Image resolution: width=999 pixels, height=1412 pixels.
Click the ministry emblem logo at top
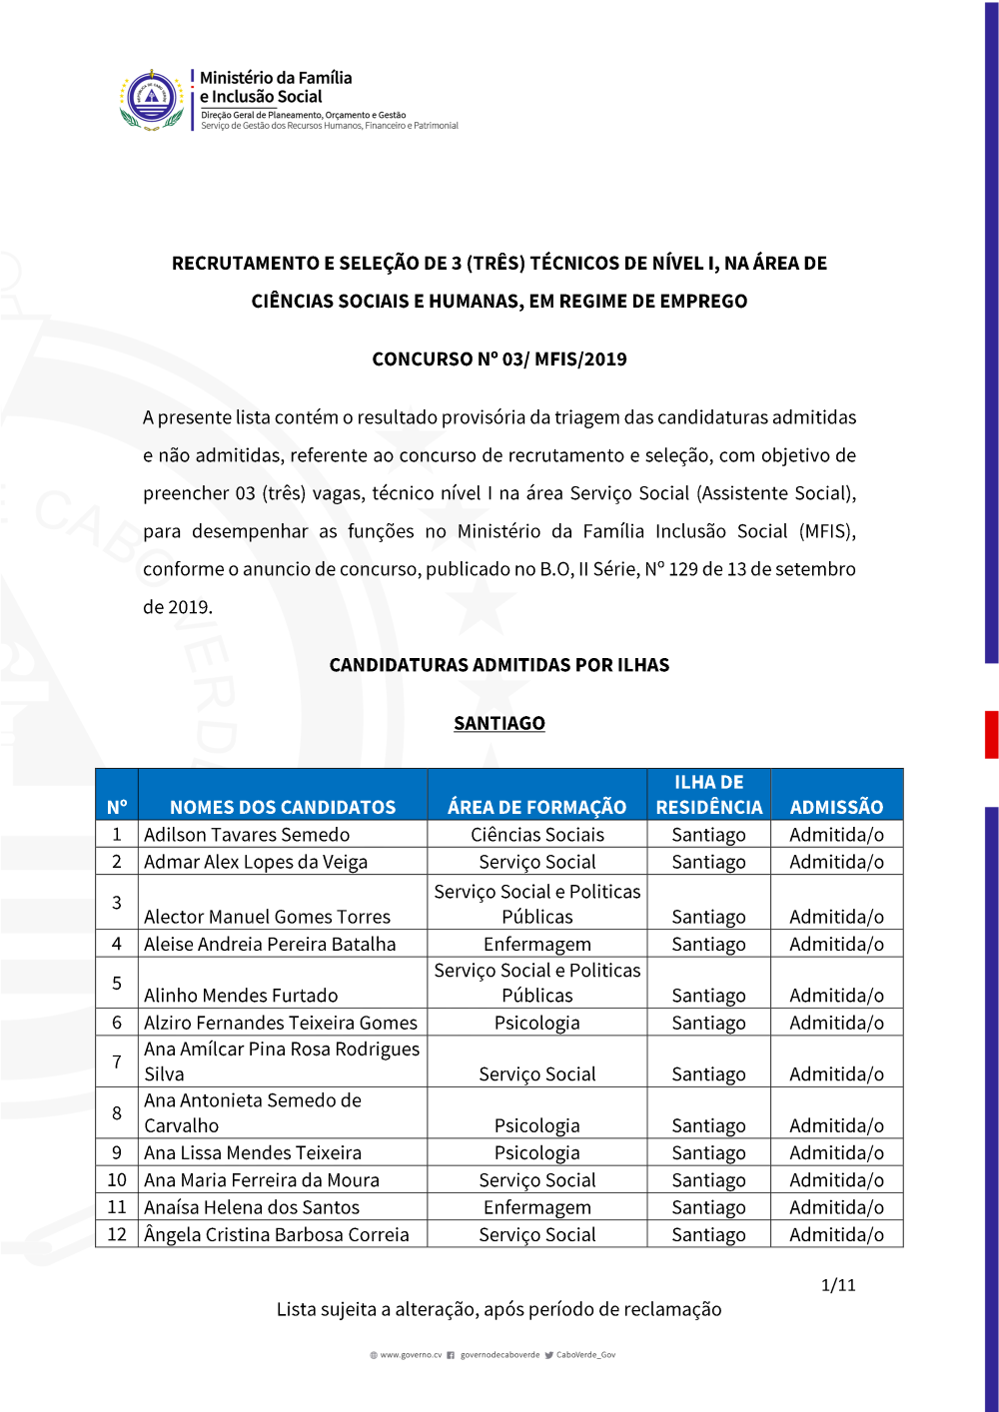[152, 99]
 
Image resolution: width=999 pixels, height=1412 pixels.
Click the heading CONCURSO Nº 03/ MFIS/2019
[499, 359]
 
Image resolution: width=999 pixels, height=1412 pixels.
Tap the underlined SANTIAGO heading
[499, 723]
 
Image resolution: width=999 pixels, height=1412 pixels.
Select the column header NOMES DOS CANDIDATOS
[283, 807]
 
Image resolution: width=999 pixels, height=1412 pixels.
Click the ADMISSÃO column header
[836, 807]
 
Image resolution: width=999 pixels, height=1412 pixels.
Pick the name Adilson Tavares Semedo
[247, 835]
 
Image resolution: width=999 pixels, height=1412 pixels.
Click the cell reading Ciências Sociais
[537, 835]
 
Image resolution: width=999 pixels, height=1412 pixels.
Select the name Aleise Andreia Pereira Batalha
[270, 944]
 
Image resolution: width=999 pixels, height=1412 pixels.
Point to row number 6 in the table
[117, 1023]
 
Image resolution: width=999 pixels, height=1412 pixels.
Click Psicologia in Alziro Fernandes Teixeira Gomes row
[537, 1023]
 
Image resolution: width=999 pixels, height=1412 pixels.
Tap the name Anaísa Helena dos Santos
[252, 1207]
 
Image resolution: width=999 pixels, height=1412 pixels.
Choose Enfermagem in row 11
[537, 1207]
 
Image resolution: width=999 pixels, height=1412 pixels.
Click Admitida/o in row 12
[836, 1234]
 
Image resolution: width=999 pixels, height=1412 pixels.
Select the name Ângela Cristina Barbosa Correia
[277, 1234]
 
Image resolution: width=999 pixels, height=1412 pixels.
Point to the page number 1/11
[838, 1285]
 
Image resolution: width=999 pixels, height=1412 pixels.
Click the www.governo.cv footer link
[411, 1355]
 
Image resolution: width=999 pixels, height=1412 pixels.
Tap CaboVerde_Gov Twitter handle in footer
[585, 1355]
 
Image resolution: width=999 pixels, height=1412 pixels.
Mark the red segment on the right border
[991, 734]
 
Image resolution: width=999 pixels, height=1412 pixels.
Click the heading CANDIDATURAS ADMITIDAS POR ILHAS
[499, 665]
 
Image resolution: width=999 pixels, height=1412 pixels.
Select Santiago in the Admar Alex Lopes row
[708, 862]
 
